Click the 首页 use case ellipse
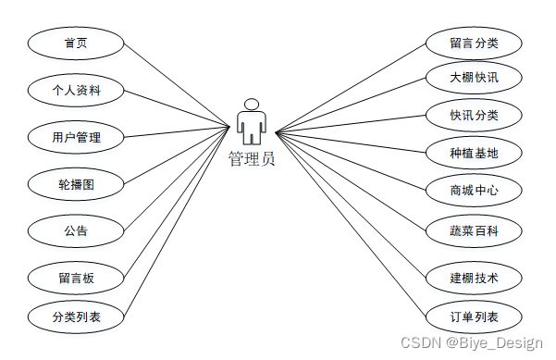tap(76, 43)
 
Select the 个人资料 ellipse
tap(76, 90)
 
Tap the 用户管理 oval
tap(76, 138)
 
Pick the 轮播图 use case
tap(76, 184)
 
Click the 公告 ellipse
tap(76, 229)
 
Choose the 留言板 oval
tap(76, 277)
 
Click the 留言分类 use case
tap(475, 43)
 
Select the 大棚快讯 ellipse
tap(475, 77)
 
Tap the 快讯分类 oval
tap(475, 115)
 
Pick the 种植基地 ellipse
tap(475, 152)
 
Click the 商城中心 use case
tap(475, 191)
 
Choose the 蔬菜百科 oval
tap(475, 230)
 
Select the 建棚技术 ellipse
tap(475, 278)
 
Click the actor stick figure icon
tap(251, 122)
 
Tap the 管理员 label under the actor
tap(252, 158)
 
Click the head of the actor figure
tap(251, 103)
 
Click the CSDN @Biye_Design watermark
tap(471, 342)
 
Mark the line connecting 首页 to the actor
tap(176, 84)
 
